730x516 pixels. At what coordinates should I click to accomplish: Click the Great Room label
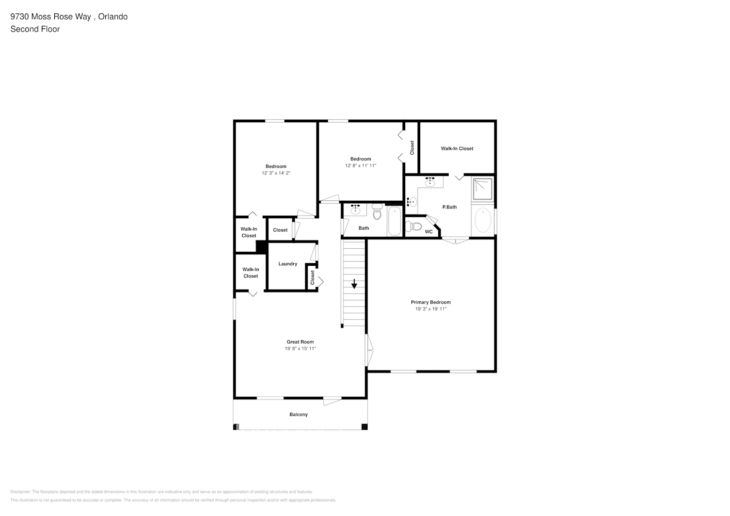point(300,342)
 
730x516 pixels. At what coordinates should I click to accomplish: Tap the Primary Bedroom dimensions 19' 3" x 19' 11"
point(431,309)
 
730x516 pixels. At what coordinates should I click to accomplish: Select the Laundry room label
point(288,264)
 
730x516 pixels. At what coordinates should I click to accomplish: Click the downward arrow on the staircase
point(354,284)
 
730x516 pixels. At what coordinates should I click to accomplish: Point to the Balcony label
point(298,414)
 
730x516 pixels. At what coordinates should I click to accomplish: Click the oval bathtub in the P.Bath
point(483,221)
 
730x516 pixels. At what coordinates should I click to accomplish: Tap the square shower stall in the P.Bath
point(483,188)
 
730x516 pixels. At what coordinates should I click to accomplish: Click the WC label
point(429,232)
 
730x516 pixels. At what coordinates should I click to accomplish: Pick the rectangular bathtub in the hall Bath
point(394,221)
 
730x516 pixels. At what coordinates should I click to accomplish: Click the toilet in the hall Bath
point(377,211)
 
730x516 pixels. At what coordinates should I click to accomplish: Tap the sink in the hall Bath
point(355,209)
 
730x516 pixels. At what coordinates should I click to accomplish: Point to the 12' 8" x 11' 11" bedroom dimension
point(360,166)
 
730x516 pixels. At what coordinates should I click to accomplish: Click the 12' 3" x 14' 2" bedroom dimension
point(276,173)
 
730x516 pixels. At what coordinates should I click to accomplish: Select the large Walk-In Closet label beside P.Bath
point(457,149)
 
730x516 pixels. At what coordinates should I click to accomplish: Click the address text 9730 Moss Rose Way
point(51,17)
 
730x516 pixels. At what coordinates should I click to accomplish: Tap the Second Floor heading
point(35,29)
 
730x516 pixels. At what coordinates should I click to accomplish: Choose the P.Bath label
point(449,207)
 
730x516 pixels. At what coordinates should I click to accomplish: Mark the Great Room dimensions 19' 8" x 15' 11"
point(300,349)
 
